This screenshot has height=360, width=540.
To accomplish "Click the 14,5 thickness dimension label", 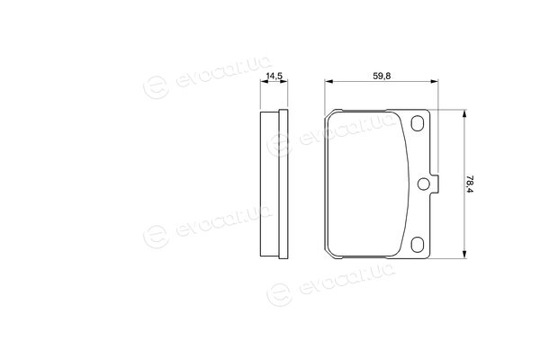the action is click(x=274, y=76).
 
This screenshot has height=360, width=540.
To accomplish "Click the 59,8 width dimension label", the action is click(x=382, y=76).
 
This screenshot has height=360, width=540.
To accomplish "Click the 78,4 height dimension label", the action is click(x=470, y=184).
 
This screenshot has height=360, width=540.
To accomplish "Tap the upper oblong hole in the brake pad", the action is click(x=418, y=123).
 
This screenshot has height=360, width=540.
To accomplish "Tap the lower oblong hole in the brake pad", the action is click(x=418, y=244).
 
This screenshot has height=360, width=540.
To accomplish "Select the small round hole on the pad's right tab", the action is click(x=423, y=184).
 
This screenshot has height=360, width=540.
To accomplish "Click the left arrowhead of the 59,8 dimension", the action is click(x=329, y=82).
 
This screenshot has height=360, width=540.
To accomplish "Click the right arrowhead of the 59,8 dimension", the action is click(x=434, y=82).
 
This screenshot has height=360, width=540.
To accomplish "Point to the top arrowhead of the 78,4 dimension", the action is click(x=464, y=114).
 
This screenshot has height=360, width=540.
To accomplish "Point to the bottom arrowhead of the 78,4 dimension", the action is click(x=464, y=254).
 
